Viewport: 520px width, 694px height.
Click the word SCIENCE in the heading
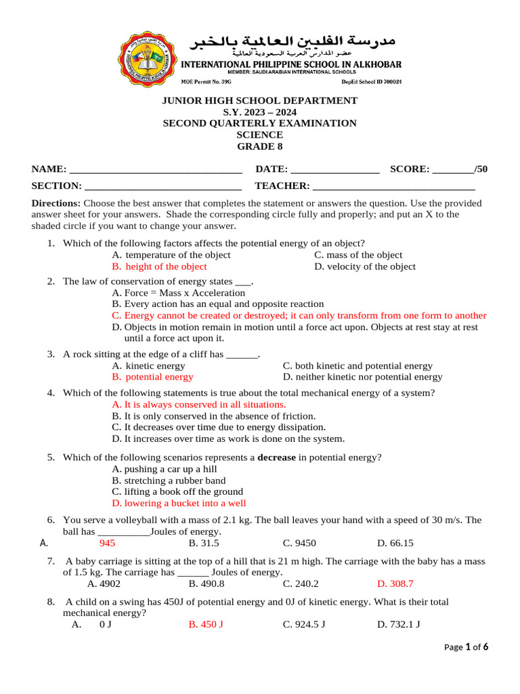[x=259, y=135]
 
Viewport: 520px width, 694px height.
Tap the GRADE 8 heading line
[x=259, y=146]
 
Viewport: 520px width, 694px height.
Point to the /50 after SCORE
[x=480, y=169]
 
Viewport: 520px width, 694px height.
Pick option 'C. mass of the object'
[x=358, y=256]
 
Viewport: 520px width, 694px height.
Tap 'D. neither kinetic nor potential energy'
[x=362, y=377]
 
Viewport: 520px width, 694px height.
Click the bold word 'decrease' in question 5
[x=276, y=457]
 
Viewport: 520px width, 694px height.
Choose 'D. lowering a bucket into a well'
[x=179, y=504]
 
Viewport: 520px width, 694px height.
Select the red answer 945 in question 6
[x=108, y=544]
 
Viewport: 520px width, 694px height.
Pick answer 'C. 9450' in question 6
[x=299, y=544]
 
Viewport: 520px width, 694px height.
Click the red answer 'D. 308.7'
[x=395, y=584]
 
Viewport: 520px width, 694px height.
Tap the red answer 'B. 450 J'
[x=206, y=624]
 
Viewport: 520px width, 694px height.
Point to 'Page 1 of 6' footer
[x=466, y=647]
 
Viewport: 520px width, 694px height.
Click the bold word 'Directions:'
[x=56, y=203]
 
